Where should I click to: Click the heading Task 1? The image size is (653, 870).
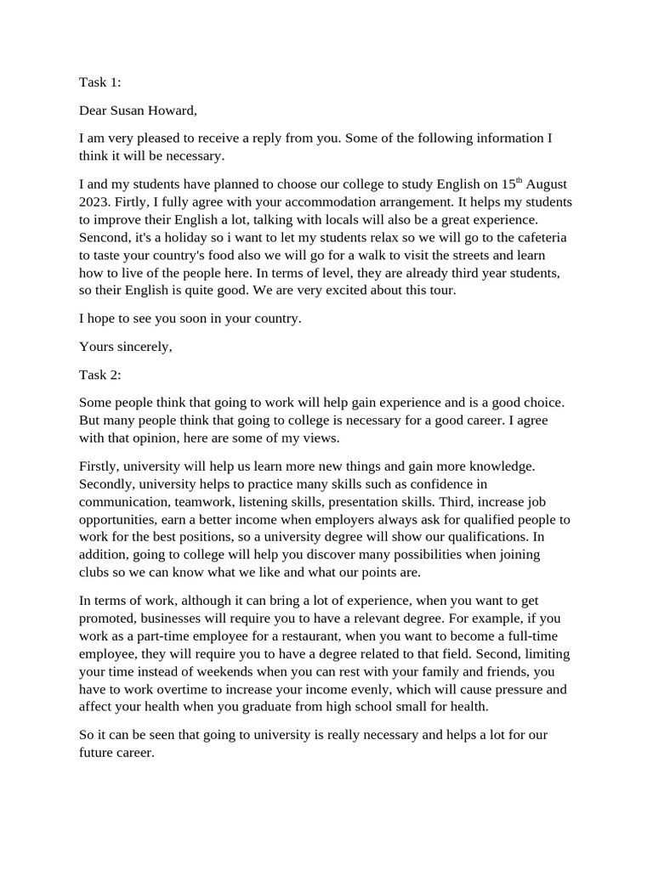100,82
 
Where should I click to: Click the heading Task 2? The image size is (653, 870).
100,374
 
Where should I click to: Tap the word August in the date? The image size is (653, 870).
547,184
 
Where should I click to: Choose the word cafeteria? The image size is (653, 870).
538,238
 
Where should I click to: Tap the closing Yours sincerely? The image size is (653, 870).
125,347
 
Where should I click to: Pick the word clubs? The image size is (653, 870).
94,573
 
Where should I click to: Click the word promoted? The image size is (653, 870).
110,619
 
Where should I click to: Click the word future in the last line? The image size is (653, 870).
97,754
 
